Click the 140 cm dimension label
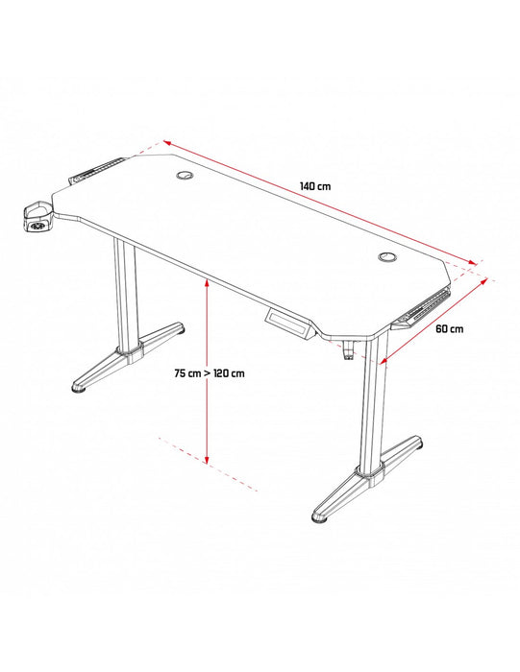[315, 186]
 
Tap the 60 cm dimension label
[450, 328]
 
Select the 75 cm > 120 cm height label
[210, 373]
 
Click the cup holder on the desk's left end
[37, 218]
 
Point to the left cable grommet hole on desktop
[185, 175]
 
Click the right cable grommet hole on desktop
[387, 257]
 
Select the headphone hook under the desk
[349, 348]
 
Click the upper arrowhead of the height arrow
[207, 283]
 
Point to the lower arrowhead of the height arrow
[207, 459]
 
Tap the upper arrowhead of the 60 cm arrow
[484, 282]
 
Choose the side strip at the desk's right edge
[421, 308]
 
